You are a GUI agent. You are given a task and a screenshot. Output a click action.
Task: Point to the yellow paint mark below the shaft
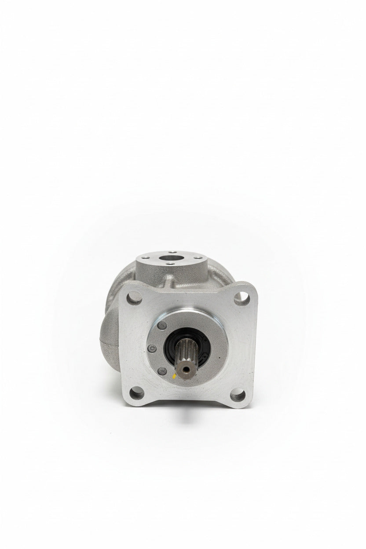[174, 376]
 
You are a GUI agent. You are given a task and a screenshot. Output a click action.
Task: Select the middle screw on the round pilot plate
[152, 348]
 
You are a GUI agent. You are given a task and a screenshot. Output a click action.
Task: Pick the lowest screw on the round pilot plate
[162, 371]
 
